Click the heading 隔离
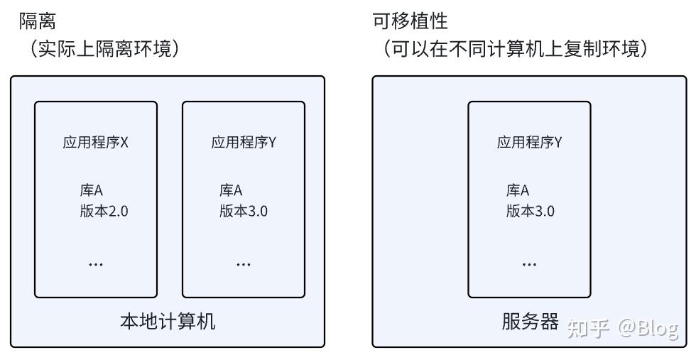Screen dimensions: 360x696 (x=37, y=21)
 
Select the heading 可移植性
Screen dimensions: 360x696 (x=410, y=21)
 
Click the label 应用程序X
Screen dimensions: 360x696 (x=96, y=142)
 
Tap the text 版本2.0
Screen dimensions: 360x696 (x=104, y=211)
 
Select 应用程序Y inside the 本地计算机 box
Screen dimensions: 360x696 (x=244, y=142)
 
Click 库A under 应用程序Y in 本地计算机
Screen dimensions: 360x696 (x=232, y=190)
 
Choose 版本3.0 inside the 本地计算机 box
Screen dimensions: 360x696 (x=244, y=211)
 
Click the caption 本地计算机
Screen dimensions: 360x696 (x=168, y=322)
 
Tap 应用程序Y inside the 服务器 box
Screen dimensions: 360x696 (x=530, y=142)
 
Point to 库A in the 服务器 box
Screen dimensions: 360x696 (x=518, y=190)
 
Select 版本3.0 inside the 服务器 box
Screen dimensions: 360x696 (x=531, y=211)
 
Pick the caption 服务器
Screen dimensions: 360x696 (x=531, y=322)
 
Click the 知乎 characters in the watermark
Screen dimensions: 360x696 (x=589, y=328)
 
